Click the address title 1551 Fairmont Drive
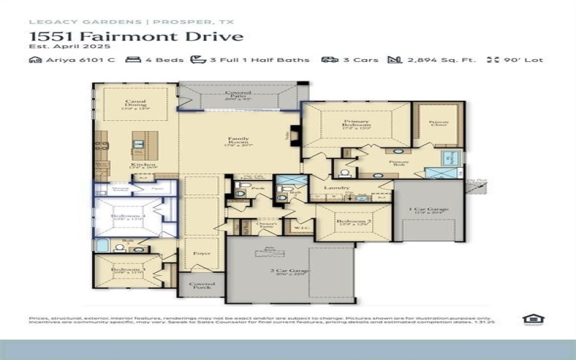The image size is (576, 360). [136, 36]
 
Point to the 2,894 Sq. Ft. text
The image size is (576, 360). [441, 60]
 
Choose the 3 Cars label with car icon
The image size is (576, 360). [356, 60]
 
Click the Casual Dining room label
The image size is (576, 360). [136, 105]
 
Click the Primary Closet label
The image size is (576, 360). [438, 125]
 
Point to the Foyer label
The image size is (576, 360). [202, 253]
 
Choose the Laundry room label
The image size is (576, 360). [337, 189]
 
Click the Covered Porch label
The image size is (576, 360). [202, 286]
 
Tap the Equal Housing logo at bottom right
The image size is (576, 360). [533, 320]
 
